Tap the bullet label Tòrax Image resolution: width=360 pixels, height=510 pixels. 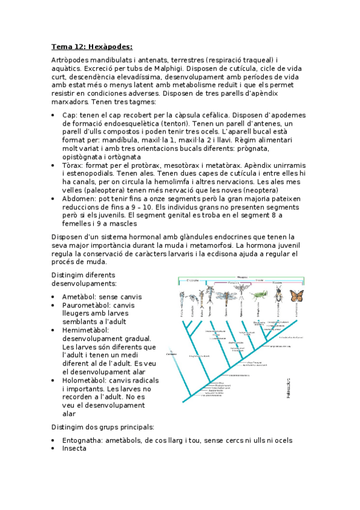click(72, 165)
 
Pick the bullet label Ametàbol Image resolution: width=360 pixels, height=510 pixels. click(81, 296)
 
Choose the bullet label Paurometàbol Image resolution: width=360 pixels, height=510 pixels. click(88, 305)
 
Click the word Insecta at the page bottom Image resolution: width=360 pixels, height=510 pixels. click(75, 448)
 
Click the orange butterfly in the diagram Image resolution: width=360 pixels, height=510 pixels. click(296, 295)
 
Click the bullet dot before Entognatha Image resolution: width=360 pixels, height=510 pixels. click(55, 441)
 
